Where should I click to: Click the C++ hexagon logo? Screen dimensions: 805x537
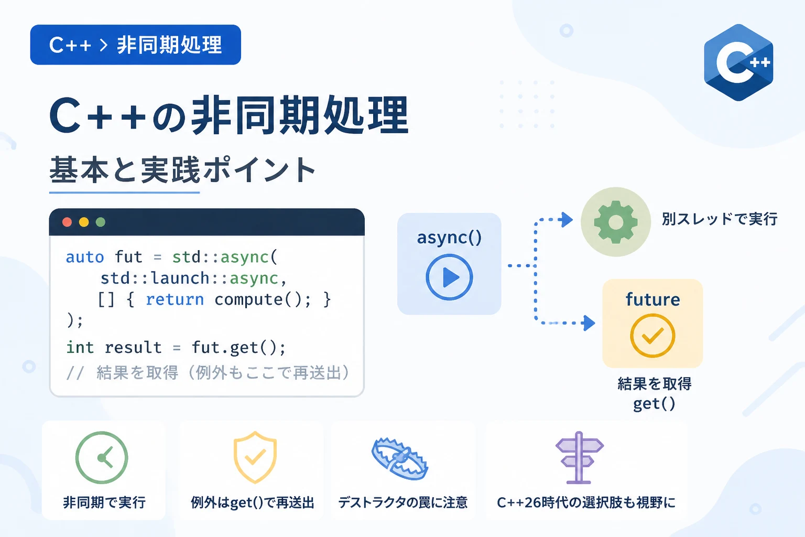[x=738, y=62]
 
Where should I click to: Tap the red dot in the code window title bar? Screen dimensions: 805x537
[x=67, y=222]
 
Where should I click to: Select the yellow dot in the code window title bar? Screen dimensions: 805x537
[x=84, y=222]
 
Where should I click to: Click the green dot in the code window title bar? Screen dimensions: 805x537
[x=101, y=222]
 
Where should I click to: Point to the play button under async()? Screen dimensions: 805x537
[x=449, y=277]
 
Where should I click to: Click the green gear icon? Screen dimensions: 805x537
[x=616, y=222]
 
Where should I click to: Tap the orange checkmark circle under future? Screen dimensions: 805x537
[x=652, y=335]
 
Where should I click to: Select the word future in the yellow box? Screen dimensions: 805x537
[x=652, y=299]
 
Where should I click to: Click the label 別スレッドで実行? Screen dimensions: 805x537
[x=720, y=219]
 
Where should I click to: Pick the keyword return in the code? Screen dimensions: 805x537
[x=175, y=299]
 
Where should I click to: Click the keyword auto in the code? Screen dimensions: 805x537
[x=85, y=257]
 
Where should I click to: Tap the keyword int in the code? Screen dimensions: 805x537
[x=80, y=348]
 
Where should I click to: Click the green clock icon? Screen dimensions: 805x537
[x=102, y=457]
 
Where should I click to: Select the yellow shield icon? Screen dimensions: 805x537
[x=255, y=457]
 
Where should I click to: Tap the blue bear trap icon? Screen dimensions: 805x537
[x=400, y=458]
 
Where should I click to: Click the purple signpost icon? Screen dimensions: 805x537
[x=579, y=457]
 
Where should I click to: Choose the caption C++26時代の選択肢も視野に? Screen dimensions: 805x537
[x=586, y=502]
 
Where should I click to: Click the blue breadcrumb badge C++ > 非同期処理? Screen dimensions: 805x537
[x=136, y=45]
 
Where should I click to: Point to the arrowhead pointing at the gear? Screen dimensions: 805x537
[x=567, y=219]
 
